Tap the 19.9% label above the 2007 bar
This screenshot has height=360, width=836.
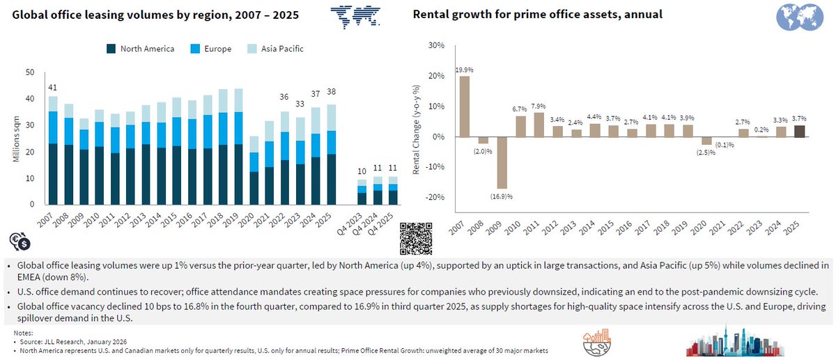pos(464,70)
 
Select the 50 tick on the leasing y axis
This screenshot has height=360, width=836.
pos(29,72)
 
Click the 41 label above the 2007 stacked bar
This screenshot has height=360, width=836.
pos(52,87)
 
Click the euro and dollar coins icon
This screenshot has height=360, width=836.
pos(20,241)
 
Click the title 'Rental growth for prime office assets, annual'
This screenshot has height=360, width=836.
pos(537,14)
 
